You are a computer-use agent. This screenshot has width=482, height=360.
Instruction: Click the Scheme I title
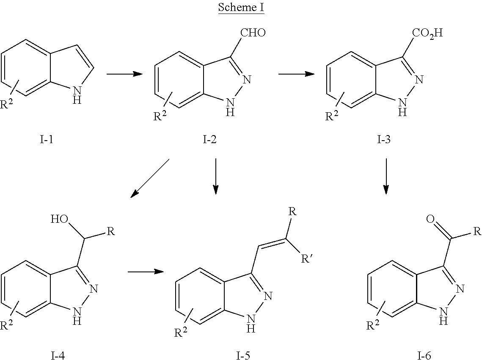pyautogui.click(x=241, y=7)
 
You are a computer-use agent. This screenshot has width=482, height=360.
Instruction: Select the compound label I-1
pyautogui.click(x=47, y=140)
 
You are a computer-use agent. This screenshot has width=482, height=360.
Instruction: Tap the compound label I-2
pyautogui.click(x=209, y=140)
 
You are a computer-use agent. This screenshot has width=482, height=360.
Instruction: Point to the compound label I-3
pyautogui.click(x=384, y=140)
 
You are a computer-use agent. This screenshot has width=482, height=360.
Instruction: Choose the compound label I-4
pyautogui.click(x=58, y=356)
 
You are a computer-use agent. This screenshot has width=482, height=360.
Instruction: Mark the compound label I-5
pyautogui.click(x=243, y=356)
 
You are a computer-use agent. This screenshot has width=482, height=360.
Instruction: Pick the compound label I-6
pyautogui.click(x=424, y=356)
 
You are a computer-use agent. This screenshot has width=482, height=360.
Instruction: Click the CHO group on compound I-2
pyautogui.click(x=253, y=33)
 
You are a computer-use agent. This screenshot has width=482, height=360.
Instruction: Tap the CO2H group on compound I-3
pyautogui.click(x=427, y=33)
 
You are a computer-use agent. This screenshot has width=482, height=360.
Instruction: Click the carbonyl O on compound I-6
pyautogui.click(x=431, y=219)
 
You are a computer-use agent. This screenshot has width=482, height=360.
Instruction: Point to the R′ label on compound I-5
pyautogui.click(x=306, y=259)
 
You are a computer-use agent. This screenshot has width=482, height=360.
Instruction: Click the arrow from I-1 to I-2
pyautogui.click(x=124, y=74)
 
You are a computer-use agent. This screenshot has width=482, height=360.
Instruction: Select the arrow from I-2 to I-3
pyautogui.click(x=296, y=74)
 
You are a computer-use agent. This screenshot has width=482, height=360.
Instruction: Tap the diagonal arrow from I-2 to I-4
pyautogui.click(x=150, y=178)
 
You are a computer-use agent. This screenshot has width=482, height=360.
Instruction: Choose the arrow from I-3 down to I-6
pyautogui.click(x=386, y=176)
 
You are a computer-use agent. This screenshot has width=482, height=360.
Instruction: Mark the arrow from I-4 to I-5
pyautogui.click(x=146, y=271)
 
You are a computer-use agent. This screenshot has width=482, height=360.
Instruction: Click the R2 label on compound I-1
pyautogui.click(x=6, y=104)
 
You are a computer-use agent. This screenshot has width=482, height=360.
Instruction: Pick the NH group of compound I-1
pyautogui.click(x=77, y=95)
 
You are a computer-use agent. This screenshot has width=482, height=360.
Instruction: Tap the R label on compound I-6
pyautogui.click(x=477, y=231)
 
